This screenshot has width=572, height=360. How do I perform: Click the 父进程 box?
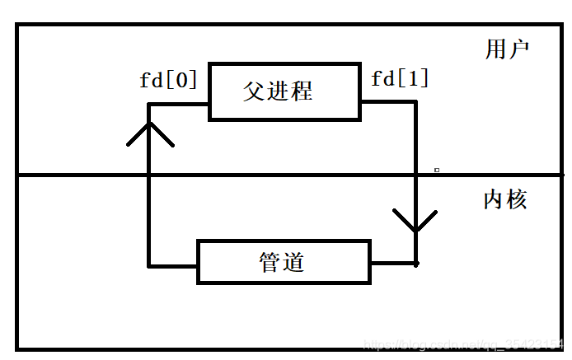(x=285, y=91)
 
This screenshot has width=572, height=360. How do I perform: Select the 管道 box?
(x=284, y=262)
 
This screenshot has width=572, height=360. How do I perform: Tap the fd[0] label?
(x=168, y=80)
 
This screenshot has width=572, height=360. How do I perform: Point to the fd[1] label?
(x=400, y=79)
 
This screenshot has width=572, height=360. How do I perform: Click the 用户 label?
(x=506, y=49)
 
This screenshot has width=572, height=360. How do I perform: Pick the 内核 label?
(x=504, y=199)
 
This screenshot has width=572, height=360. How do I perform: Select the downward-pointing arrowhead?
(x=415, y=221)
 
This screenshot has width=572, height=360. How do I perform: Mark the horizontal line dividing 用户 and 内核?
(x=288, y=175)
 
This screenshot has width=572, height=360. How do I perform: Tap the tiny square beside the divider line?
(x=437, y=171)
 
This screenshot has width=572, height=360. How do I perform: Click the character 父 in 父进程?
(x=254, y=91)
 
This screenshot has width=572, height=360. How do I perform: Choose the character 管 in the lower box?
(x=270, y=262)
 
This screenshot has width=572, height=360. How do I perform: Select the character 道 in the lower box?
(x=294, y=262)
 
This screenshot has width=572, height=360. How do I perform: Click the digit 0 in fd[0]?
(x=182, y=80)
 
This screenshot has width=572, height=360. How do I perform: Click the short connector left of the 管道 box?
(x=173, y=265)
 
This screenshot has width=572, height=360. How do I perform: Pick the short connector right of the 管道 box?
(x=393, y=264)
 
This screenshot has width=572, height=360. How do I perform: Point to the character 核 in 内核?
(x=517, y=199)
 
